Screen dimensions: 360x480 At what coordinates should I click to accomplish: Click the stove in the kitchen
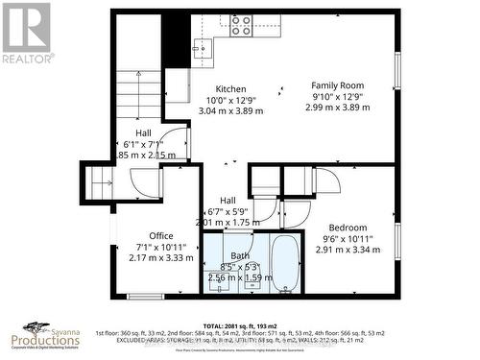(241, 25)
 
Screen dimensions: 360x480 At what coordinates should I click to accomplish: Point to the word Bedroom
(348, 228)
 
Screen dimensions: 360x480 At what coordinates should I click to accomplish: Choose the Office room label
(160, 235)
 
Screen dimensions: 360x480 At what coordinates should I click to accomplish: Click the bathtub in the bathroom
(285, 262)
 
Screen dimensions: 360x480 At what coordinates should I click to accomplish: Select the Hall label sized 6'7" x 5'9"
(228, 200)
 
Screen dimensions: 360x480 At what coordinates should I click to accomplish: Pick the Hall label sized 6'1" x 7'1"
(143, 134)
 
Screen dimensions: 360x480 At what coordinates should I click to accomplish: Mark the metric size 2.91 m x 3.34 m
(348, 251)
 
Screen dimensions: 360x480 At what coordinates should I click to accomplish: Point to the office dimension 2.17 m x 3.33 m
(161, 257)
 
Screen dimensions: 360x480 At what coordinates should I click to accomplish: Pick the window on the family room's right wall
(396, 71)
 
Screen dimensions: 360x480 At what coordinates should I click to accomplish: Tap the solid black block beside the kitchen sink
(175, 37)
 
